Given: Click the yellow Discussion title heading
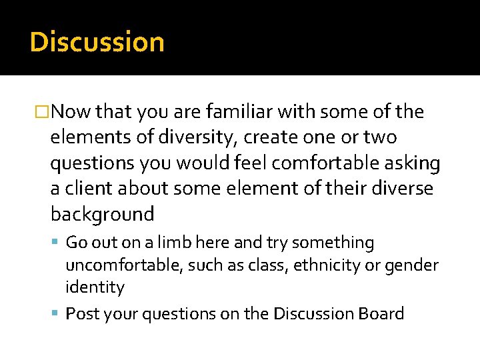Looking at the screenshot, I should pos(97,42).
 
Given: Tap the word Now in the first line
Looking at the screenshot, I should pos(71,112).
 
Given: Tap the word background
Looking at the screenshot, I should pos(102,215).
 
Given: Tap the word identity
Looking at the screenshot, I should pos(95,287).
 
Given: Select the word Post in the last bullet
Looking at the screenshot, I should pos(81,313).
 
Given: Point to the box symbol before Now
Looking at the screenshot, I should pos(44,113).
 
